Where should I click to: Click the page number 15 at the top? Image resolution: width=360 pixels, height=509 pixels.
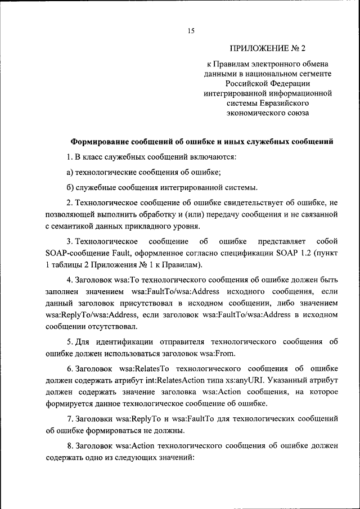(x=191, y=31)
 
